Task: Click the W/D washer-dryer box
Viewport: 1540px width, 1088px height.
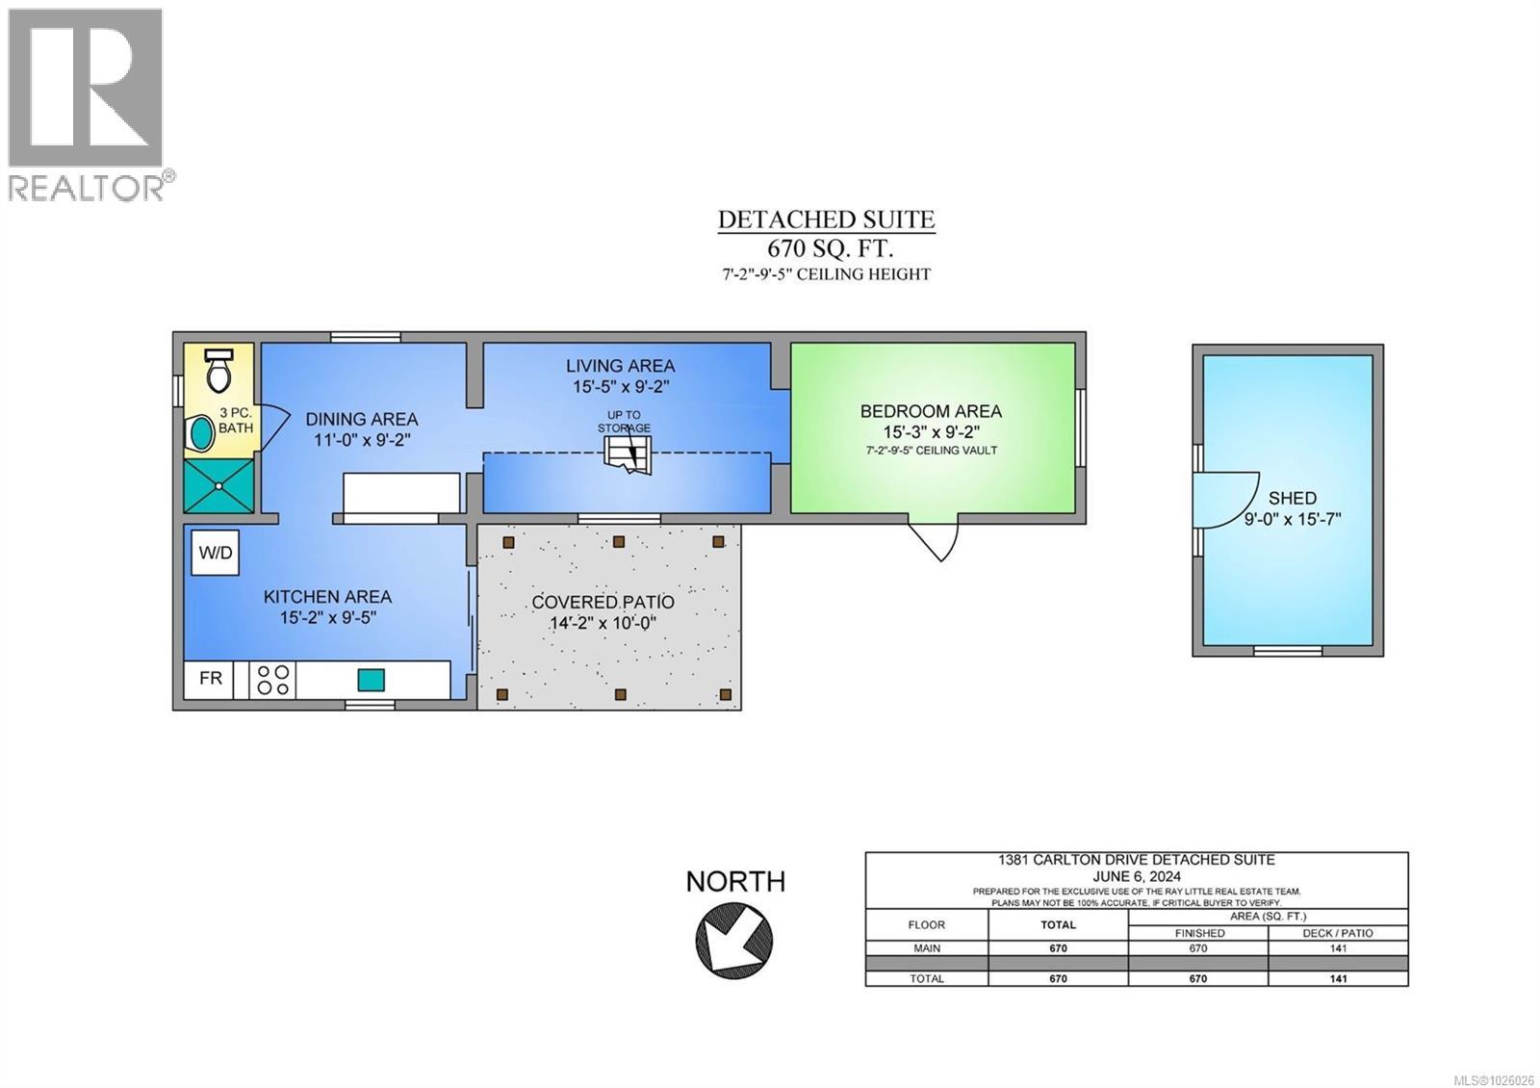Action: coord(216,553)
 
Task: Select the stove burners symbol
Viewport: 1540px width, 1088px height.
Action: coord(273,680)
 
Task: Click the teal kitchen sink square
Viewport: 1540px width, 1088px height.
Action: coord(371,680)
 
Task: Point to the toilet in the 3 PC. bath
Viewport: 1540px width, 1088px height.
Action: coord(219,370)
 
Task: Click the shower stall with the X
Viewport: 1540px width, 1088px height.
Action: coord(218,486)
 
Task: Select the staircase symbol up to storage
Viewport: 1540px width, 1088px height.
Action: coord(627,454)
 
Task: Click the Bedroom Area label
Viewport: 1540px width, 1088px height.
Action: coord(931,411)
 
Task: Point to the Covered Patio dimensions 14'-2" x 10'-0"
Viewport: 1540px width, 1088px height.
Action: coord(603,624)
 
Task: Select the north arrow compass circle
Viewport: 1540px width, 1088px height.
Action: coord(734,940)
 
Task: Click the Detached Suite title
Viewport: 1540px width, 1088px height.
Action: coord(827,220)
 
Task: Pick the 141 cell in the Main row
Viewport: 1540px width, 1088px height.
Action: coord(1338,948)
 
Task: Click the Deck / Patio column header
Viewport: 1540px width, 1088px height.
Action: coord(1338,933)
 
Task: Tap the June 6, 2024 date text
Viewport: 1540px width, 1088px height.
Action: coord(1137,877)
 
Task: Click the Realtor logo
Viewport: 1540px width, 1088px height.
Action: coord(89,105)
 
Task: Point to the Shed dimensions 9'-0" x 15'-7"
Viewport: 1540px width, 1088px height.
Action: coord(1293,519)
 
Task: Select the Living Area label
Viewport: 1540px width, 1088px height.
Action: coord(620,366)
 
